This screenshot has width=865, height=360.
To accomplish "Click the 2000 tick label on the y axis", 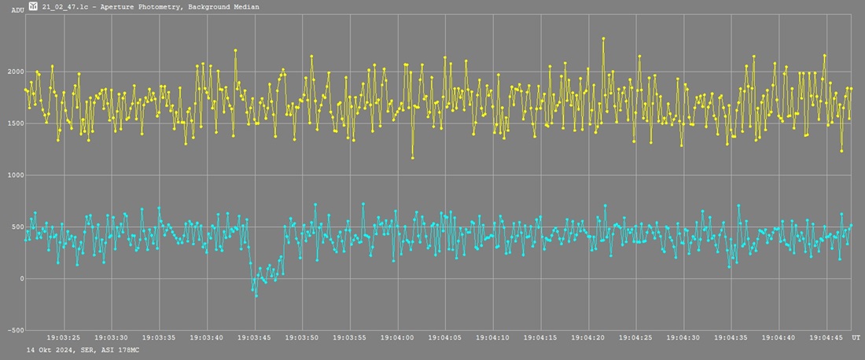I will (13, 72).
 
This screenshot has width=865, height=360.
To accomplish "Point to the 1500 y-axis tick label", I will (13, 124).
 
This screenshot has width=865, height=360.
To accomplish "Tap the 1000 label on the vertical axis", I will (13, 175).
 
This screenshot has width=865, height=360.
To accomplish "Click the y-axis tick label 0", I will (21, 279).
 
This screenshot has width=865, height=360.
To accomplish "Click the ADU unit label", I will (17, 10).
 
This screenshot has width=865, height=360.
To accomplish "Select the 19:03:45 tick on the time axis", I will (255, 338).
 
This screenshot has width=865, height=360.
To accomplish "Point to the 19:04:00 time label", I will (398, 338).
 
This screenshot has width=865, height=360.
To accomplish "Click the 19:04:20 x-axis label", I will (589, 338).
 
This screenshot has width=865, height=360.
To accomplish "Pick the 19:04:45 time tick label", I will (827, 338).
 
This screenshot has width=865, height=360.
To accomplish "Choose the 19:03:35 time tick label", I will (160, 338).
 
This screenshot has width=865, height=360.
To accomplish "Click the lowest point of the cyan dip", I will (256, 296).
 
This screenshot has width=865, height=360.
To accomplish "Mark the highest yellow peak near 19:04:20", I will (603, 38).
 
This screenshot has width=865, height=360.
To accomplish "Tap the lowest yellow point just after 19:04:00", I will (412, 158).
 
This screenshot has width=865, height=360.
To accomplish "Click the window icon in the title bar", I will (32, 6).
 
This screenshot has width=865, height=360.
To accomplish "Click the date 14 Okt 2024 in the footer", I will (49, 349).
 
